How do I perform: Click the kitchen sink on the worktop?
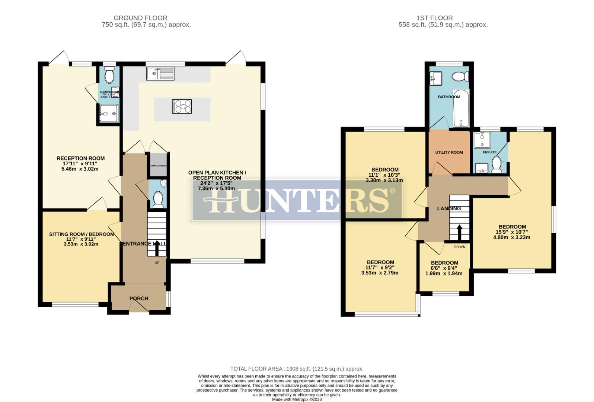click(x=160, y=74)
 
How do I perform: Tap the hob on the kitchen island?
click(x=182, y=106)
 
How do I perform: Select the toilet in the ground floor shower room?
click(x=109, y=76)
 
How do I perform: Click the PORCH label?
click(x=139, y=299)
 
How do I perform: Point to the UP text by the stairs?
click(x=157, y=263)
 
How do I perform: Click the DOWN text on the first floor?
click(x=459, y=247)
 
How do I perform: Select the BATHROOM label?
click(x=449, y=97)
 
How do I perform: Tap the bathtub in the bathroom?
click(x=461, y=108)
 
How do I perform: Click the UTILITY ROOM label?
click(x=449, y=152)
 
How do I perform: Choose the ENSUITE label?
click(x=489, y=152)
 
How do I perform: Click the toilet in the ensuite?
click(x=496, y=165)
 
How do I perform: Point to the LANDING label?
click(x=449, y=208)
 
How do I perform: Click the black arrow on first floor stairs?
click(x=459, y=233)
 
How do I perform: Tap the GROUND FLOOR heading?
click(x=140, y=18)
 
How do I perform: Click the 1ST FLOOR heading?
click(x=435, y=18)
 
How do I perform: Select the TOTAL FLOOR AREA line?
click(x=297, y=369)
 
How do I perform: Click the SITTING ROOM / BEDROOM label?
click(x=82, y=234)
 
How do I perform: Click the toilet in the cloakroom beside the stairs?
click(x=158, y=199)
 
